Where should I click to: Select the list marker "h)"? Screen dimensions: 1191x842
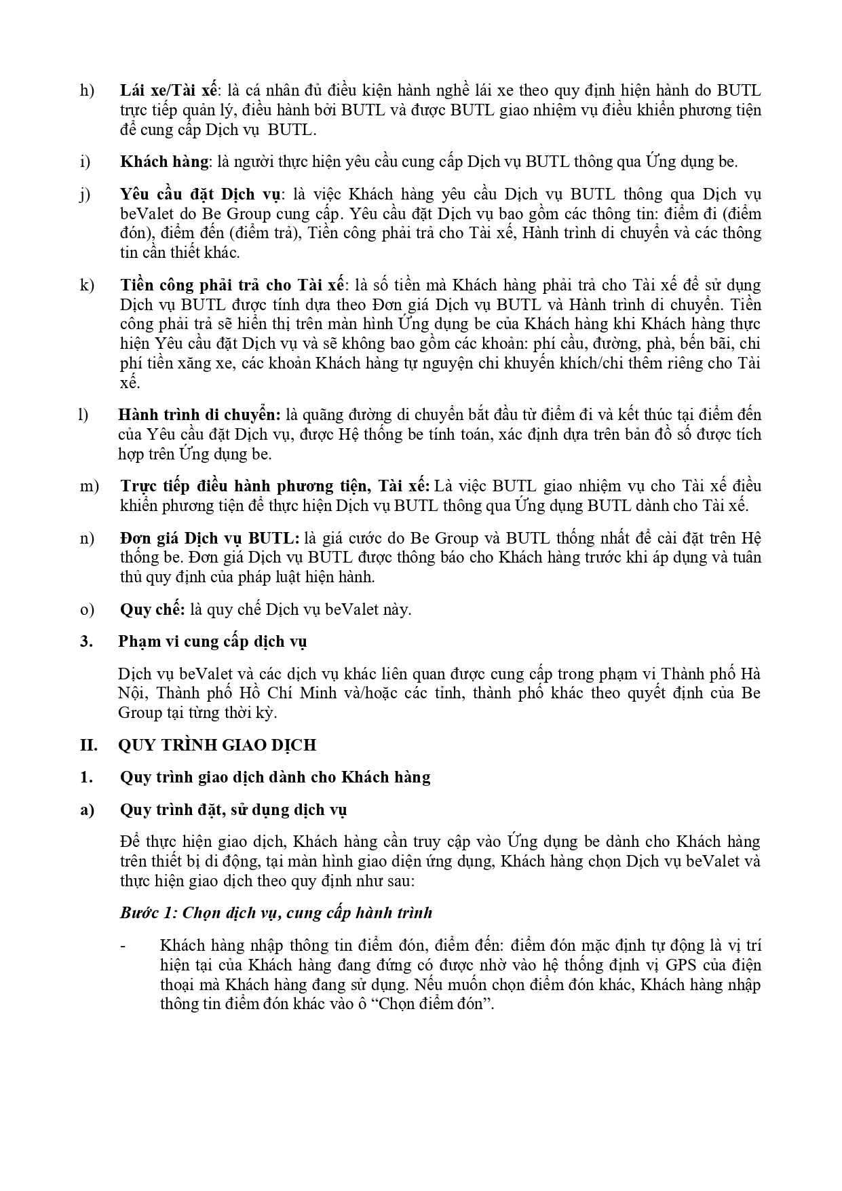[87, 91]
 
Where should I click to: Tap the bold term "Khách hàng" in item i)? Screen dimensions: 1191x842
[164, 162]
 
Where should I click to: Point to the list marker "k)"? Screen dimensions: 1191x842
[87, 285]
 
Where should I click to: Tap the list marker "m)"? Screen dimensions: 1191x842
[89, 487]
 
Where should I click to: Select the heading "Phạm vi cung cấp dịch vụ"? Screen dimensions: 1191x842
[212, 642]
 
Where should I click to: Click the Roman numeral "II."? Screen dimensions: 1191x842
[88, 745]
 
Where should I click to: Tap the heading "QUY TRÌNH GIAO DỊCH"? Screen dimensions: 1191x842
[217, 745]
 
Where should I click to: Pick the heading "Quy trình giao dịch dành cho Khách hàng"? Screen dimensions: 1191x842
[275, 778]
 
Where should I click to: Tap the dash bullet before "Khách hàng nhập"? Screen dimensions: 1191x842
[123, 946]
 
